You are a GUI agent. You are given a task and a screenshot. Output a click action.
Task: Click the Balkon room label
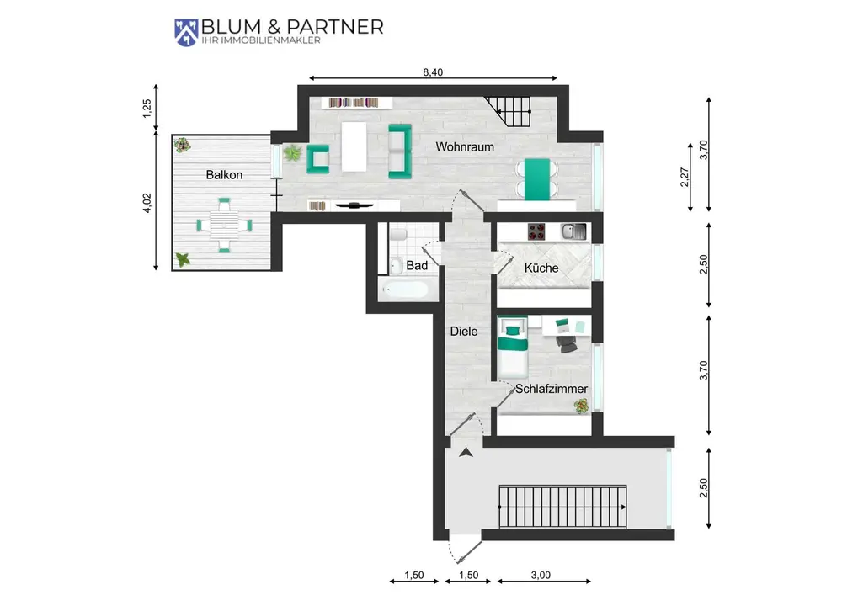coord(224,175)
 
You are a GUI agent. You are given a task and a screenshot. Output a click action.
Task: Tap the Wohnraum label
coord(465,147)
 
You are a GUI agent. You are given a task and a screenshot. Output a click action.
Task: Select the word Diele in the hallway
coord(463,332)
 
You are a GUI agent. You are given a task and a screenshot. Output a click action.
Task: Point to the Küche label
coord(541,268)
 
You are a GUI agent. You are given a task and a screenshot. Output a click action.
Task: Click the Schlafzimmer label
coord(552,389)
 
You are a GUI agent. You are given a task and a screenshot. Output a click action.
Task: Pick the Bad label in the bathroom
coord(417,266)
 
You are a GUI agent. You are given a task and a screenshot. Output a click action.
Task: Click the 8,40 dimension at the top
coord(433,72)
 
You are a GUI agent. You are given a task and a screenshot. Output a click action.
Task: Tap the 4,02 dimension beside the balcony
coord(147,203)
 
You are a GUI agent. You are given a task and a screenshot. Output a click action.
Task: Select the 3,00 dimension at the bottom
coord(541,575)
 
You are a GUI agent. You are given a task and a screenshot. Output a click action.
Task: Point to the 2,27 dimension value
coord(684,178)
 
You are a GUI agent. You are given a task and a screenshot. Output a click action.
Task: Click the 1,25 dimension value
coord(147,109)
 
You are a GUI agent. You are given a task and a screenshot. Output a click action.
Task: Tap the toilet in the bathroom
coord(399,235)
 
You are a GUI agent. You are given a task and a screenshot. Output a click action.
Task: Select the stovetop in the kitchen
coord(536,231)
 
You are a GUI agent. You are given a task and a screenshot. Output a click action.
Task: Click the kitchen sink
coord(573,231)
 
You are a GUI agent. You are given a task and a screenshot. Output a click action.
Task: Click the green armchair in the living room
coord(318,159)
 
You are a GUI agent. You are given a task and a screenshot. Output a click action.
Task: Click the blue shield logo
coord(186,33)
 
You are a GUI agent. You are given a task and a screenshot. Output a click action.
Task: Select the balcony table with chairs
coord(224,226)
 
